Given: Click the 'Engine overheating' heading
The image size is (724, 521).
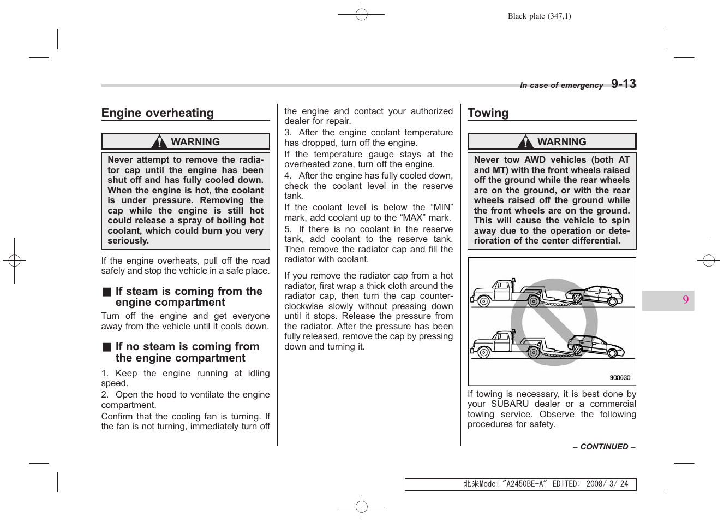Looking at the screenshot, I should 158,113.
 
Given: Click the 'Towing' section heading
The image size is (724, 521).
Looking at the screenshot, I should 488,113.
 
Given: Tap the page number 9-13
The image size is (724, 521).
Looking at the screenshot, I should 623,84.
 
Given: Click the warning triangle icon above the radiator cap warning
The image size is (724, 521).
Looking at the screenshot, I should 159,142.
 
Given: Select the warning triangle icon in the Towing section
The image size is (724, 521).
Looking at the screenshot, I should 525,142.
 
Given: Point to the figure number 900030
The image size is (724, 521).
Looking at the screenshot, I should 620,378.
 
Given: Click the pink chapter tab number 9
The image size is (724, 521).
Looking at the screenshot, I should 685,300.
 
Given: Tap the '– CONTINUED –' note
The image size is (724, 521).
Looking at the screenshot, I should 604,447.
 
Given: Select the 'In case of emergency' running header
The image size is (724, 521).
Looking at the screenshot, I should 561,85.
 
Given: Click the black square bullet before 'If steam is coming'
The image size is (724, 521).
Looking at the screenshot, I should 107,292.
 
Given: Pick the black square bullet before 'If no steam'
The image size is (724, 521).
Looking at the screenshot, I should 107,347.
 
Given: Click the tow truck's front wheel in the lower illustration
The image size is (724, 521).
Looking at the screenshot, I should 483,352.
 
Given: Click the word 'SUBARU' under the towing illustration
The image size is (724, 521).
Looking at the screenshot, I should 510,404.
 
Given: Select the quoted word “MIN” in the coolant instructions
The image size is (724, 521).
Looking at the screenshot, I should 441,208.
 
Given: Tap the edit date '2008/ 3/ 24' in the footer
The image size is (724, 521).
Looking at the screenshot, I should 607,484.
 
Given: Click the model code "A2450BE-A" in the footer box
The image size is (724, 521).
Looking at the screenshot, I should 524,484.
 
